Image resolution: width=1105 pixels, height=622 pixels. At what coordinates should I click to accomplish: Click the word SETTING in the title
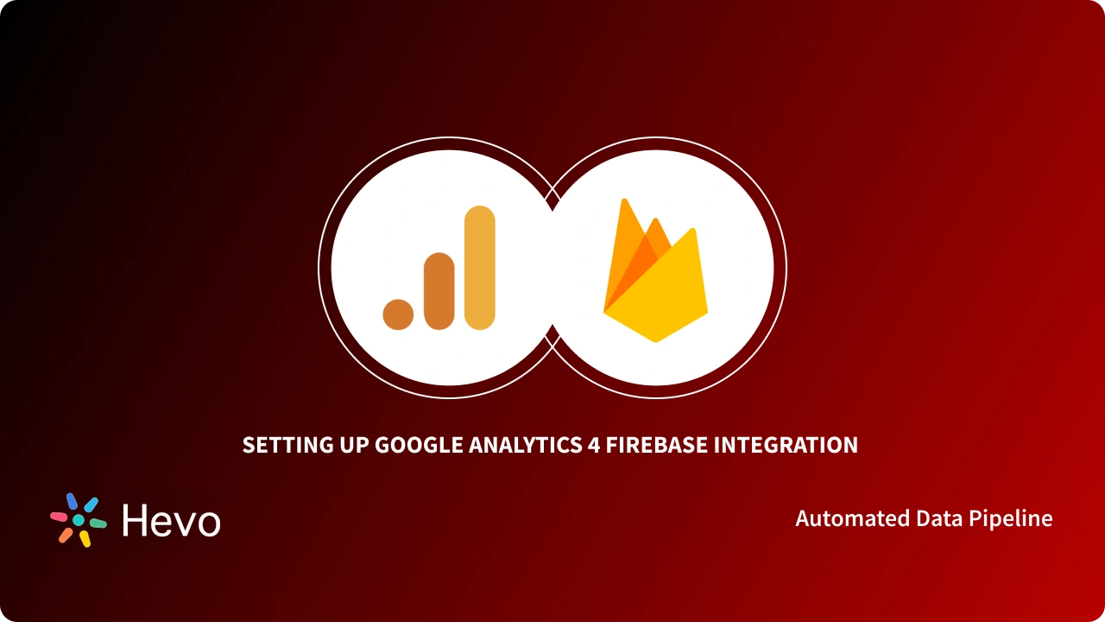281,446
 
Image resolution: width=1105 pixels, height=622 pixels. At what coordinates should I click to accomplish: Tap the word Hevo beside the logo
171,521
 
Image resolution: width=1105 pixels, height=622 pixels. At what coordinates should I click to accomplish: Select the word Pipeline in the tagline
1012,519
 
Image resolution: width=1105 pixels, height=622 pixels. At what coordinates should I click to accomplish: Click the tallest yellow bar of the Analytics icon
479,268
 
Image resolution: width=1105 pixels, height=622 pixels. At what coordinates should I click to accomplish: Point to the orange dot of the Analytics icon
399,314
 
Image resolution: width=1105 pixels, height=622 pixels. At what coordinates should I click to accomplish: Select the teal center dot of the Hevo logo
79,520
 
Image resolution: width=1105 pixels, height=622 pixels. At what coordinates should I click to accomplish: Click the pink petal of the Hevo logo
59,517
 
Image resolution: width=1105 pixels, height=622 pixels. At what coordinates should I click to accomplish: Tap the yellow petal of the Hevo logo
85,538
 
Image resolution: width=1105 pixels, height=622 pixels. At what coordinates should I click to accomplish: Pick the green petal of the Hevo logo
98,524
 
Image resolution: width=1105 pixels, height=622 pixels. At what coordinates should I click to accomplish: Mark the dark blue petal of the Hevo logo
72,501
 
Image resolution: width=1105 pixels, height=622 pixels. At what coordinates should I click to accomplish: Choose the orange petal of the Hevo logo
65,535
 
